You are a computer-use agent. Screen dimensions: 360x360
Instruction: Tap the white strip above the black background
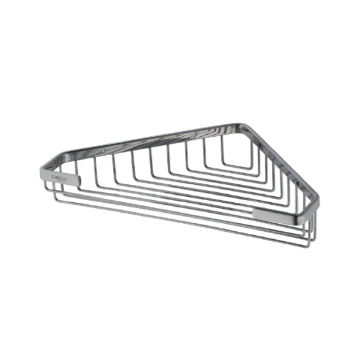pos(180,40)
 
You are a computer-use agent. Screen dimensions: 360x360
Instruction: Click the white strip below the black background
pos(180,320)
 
